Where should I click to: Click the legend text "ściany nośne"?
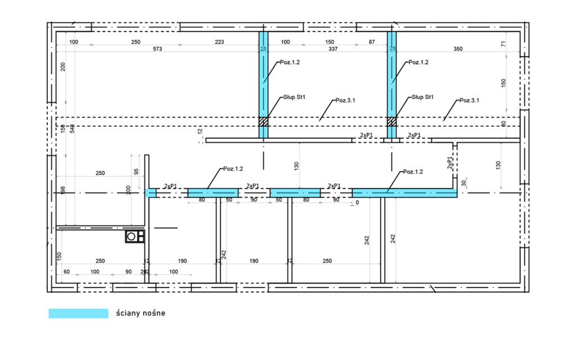[141, 313]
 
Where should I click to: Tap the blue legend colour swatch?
[78, 313]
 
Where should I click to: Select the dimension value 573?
[157, 49]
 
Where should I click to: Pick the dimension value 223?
[219, 42]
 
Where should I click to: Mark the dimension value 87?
[372, 42]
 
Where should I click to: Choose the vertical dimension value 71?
[503, 43]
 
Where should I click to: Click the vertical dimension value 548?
[72, 128]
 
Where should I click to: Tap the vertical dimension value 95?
[136, 172]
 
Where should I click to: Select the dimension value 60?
[66, 272]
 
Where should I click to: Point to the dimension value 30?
[464, 183]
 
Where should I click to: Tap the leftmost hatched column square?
[263, 121]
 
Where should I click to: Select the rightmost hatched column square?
[392, 121]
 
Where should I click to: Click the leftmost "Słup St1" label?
[294, 97]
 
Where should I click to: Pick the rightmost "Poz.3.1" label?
[469, 100]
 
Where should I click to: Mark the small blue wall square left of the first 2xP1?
[150, 193]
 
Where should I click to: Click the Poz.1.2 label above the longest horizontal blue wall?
[412, 172]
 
